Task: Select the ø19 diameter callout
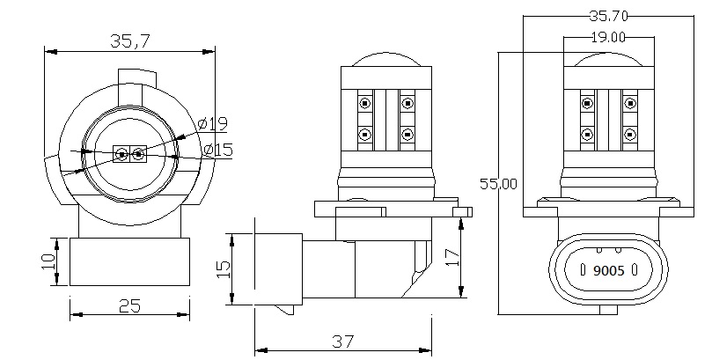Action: point(215,122)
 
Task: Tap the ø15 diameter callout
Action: point(217,150)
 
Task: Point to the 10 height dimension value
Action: point(49,261)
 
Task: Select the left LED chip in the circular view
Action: point(121,156)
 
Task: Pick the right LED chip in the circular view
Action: point(137,156)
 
